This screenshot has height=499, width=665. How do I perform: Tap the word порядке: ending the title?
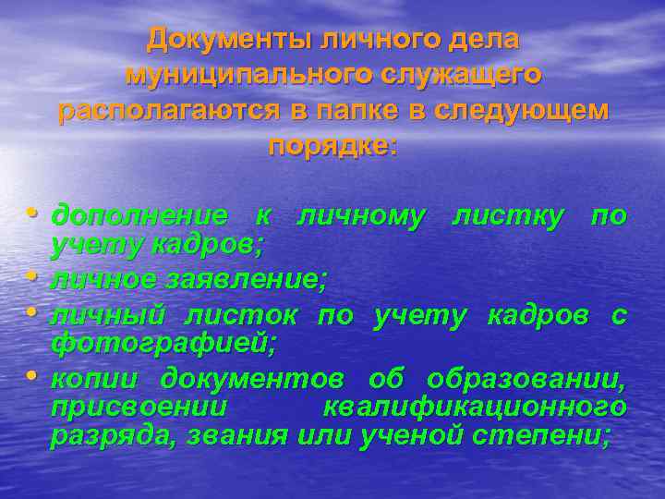tap(332, 146)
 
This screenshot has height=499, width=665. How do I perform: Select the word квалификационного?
tap(475, 408)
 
